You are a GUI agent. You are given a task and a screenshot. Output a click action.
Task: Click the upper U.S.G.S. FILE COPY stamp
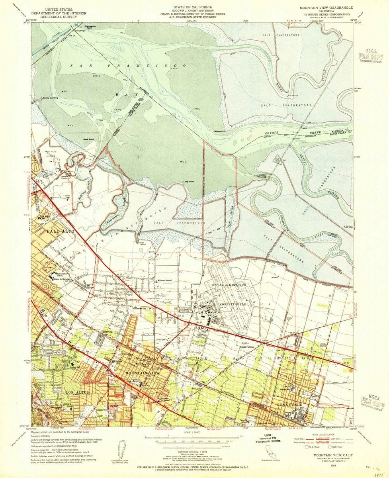(368, 58)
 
